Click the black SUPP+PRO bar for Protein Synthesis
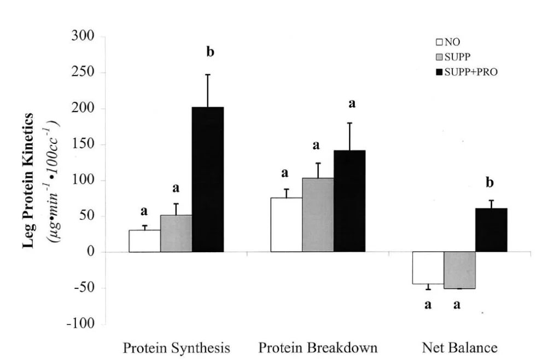208,179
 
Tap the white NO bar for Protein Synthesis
144,241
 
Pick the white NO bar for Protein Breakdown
286,225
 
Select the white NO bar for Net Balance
428,268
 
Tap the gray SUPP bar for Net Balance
459,270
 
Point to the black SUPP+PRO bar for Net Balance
491,230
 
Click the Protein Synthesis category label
176,348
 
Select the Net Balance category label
459,348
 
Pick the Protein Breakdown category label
318,348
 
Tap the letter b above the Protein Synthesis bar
210,53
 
